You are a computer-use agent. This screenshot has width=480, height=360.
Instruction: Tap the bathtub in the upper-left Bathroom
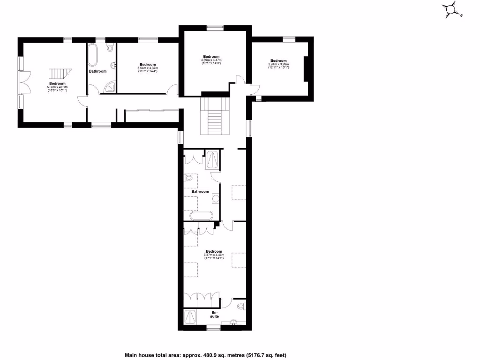93,56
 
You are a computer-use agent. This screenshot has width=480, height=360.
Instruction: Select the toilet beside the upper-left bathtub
110,47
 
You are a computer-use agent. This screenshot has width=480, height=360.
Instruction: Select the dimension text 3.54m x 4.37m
148,68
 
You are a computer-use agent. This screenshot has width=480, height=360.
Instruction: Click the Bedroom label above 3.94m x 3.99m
278,60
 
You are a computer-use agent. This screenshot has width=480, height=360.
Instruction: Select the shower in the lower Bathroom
212,159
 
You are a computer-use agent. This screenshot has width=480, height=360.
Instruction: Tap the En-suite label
215,315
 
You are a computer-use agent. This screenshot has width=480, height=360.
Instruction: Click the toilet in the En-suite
241,307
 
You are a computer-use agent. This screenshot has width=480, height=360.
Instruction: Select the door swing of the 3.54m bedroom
173,89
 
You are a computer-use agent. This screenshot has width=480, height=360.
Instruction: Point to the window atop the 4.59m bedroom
215,28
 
